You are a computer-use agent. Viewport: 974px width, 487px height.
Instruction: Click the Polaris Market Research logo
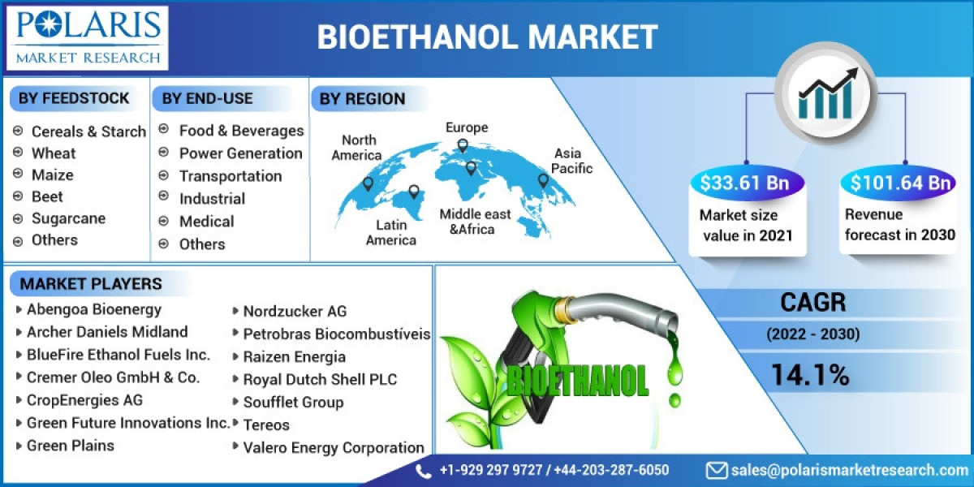pyautogui.click(x=88, y=37)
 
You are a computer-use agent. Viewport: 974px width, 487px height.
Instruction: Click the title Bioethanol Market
pyautogui.click(x=487, y=37)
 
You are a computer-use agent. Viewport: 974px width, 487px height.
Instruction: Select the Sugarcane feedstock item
pyautogui.click(x=68, y=218)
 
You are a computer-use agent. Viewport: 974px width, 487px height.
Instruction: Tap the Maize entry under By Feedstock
pyautogui.click(x=52, y=175)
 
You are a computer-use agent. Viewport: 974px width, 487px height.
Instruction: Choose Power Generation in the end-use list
pyautogui.click(x=240, y=153)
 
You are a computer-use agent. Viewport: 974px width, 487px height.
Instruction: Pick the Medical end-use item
pyautogui.click(x=206, y=222)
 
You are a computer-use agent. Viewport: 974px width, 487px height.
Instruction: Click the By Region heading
pyautogui.click(x=362, y=99)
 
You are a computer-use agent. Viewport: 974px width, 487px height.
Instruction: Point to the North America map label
pyautogui.click(x=357, y=148)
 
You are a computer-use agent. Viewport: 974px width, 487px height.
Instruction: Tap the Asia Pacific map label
pyautogui.click(x=573, y=161)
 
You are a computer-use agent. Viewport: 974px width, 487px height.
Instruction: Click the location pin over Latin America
pyautogui.click(x=414, y=192)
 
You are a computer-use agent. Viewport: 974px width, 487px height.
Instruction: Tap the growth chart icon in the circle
pyautogui.click(x=825, y=91)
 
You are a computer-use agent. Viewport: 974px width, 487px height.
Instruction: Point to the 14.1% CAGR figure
pyautogui.click(x=809, y=375)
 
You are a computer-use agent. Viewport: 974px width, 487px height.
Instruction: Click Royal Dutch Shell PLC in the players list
pyautogui.click(x=320, y=379)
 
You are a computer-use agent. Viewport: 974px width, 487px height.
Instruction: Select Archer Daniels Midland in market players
pyautogui.click(x=106, y=332)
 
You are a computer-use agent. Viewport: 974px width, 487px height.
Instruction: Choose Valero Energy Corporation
pyautogui.click(x=333, y=447)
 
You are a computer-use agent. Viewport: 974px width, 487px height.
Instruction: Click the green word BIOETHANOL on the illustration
pyautogui.click(x=577, y=379)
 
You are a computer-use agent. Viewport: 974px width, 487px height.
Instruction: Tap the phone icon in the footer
pyautogui.click(x=424, y=471)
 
